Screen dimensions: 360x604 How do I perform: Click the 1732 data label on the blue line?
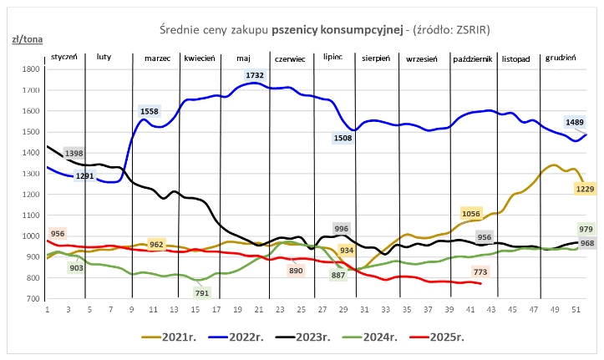(x=256, y=76)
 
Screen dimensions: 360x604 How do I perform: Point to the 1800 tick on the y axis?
(x=33, y=70)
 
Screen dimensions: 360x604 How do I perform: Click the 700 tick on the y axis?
(x=35, y=299)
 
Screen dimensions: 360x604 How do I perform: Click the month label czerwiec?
(x=291, y=58)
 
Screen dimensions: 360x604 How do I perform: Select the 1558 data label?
(x=150, y=111)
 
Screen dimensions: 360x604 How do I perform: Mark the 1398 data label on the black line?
(x=74, y=154)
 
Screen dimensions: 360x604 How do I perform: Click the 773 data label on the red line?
(x=480, y=271)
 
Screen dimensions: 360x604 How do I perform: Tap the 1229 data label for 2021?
(x=585, y=189)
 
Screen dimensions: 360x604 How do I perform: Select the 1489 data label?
(x=575, y=122)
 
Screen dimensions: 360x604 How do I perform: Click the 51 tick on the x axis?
(x=576, y=308)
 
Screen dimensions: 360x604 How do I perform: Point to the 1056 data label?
(x=471, y=215)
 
